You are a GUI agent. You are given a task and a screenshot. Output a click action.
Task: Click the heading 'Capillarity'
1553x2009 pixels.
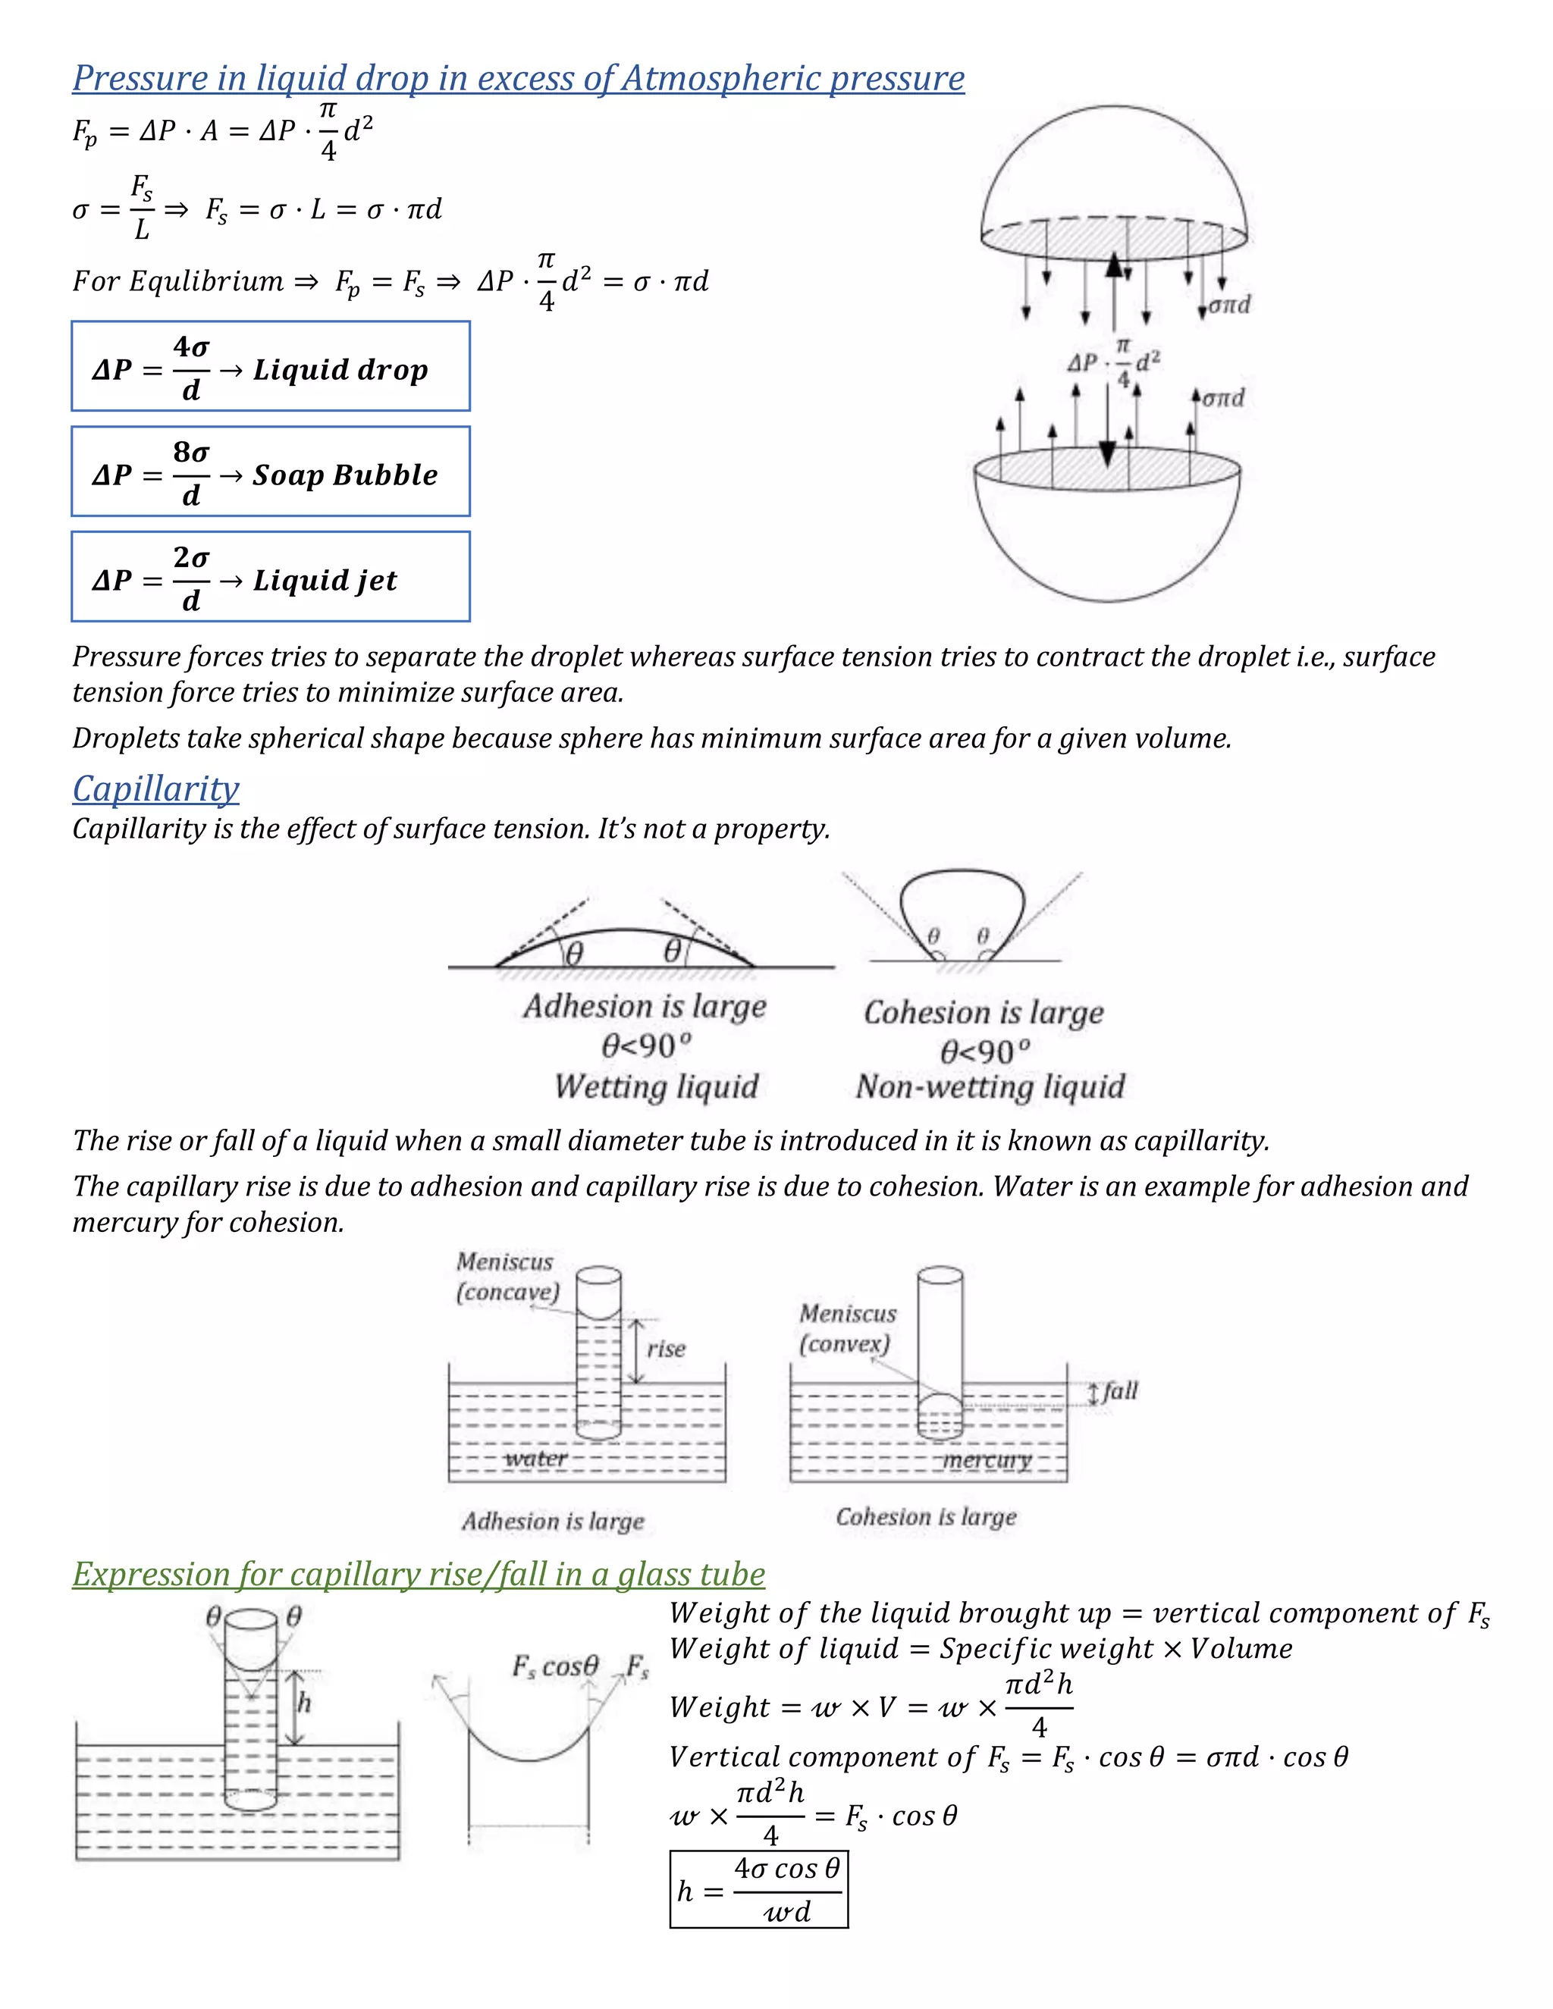pos(155,789)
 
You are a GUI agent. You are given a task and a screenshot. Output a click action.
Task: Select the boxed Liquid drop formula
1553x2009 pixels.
pos(271,366)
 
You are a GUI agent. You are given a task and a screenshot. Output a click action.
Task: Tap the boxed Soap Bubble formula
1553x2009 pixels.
pos(271,471)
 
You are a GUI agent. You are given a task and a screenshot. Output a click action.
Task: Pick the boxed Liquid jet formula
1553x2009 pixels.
pos(271,577)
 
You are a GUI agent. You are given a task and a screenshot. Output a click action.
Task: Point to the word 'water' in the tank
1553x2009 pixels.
pos(535,1459)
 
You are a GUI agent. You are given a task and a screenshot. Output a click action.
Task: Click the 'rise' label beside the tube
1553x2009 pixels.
pos(666,1349)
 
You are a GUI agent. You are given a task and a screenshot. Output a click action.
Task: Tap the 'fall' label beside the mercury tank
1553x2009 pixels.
pos(1121,1391)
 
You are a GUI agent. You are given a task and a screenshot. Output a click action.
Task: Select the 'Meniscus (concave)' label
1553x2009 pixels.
pos(507,1277)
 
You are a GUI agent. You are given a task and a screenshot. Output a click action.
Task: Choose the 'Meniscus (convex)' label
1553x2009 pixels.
pos(847,1328)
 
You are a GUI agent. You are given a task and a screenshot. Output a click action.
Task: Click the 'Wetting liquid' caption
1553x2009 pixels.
pos(656,1087)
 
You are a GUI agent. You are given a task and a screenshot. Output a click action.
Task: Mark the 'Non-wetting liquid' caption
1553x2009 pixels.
pos(990,1087)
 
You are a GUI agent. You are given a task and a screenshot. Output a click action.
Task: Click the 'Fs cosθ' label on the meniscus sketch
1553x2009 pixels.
pos(556,1666)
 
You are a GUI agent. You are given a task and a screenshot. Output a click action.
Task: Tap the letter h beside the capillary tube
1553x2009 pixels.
pos(305,1703)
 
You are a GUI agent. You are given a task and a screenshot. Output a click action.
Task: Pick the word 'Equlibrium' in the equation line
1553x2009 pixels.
pos(206,281)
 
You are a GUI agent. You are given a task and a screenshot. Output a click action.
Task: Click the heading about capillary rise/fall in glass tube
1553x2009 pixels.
pos(419,1574)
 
